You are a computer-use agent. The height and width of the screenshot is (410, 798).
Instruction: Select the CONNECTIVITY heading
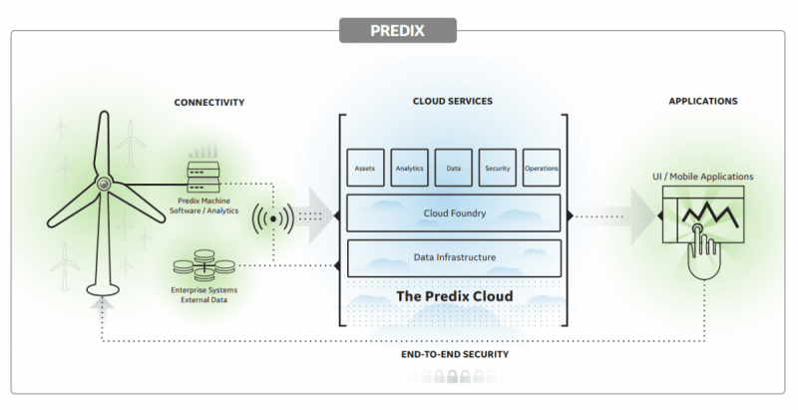pos(208,103)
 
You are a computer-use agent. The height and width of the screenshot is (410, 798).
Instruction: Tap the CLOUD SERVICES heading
pos(452,102)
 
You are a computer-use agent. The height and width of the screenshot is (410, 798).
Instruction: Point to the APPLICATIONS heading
pos(703,102)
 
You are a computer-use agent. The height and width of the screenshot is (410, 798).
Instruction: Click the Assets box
pos(364,168)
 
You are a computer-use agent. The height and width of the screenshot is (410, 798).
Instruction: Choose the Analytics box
pos(409,168)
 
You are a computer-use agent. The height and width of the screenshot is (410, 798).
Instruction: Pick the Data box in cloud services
pos(453,168)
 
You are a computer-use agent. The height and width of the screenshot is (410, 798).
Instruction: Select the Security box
pos(497,168)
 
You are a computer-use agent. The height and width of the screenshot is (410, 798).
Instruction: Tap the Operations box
pos(541,168)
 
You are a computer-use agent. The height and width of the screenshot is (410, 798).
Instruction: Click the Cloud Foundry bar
pos(453,212)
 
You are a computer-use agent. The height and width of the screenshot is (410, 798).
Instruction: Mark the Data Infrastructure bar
pos(453,257)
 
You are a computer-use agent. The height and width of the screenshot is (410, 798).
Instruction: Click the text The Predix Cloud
pos(454,296)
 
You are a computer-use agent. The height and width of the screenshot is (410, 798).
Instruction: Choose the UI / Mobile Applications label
pos(703,177)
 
